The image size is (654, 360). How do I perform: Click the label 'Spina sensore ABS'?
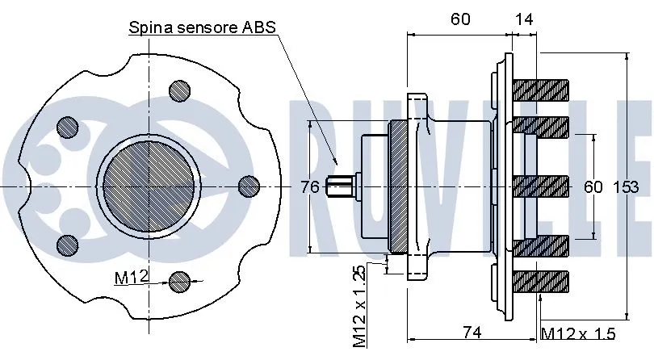coord(203,27)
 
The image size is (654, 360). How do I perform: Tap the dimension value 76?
coord(309,187)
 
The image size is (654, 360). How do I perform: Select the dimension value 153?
coord(627,187)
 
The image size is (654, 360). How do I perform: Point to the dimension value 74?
coord(473,330)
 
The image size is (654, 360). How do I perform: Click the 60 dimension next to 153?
coord(593,187)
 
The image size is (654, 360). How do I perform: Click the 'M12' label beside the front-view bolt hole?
coord(130,278)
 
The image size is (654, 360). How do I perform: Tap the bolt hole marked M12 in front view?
coord(180,280)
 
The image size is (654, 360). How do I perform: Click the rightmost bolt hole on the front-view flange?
coord(249,185)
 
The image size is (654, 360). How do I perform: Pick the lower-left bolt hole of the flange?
coord(69,245)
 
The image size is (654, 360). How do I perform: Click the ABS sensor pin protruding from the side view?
coord(339,187)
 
